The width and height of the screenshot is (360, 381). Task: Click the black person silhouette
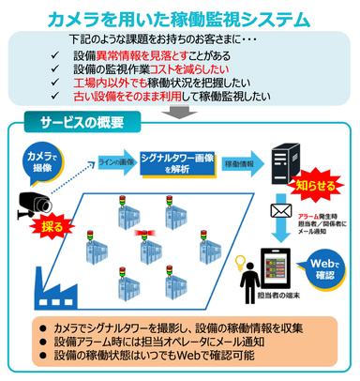coord(248,271)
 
